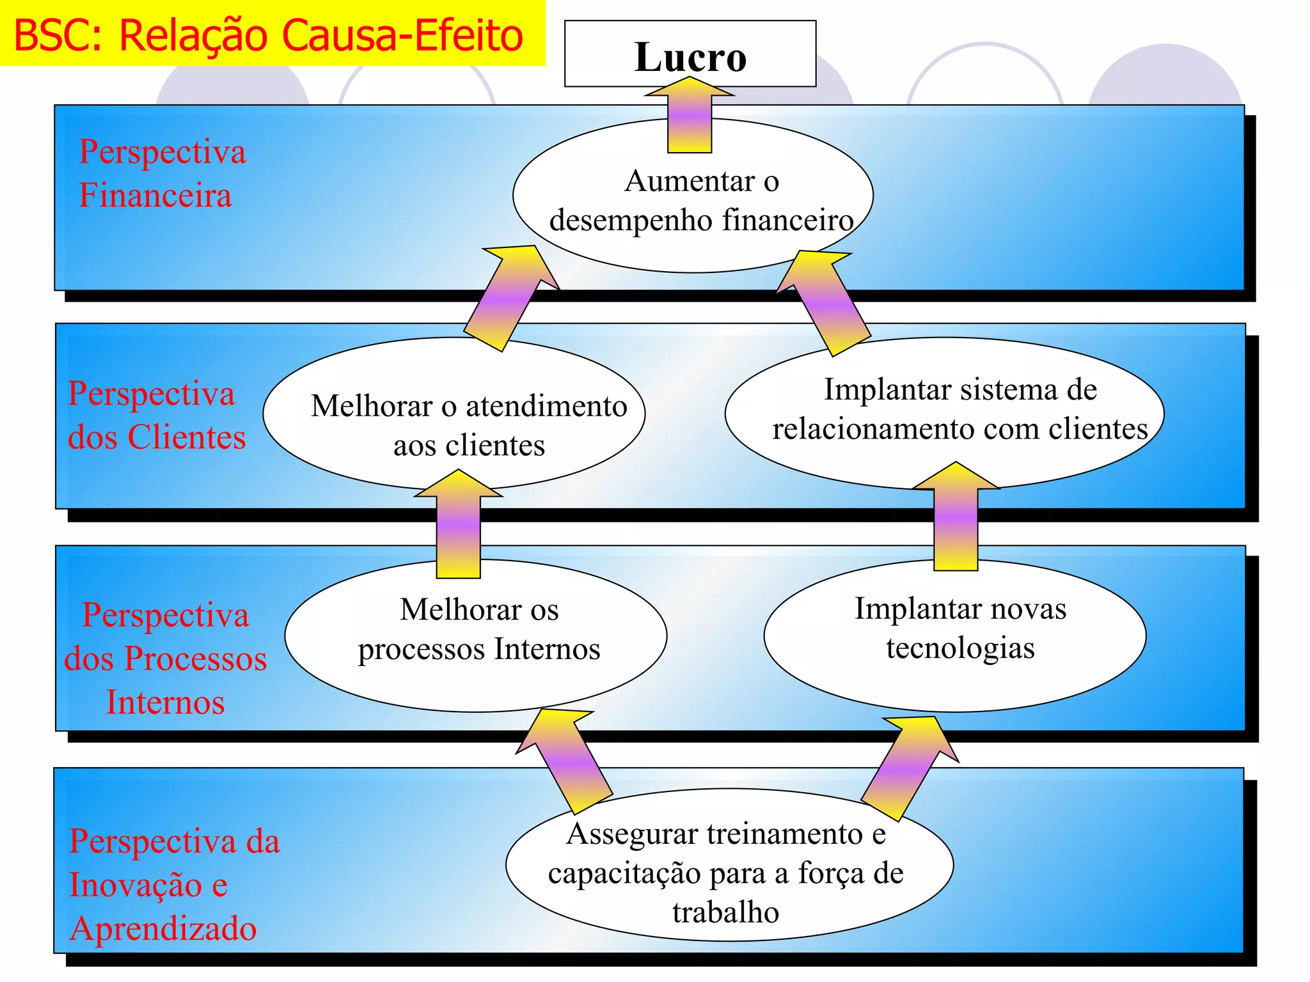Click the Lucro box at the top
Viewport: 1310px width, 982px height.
point(690,54)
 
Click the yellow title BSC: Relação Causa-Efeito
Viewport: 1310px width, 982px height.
point(269,35)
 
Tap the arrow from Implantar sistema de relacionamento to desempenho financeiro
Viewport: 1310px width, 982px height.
point(825,302)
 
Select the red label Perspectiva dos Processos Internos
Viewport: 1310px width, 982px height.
point(165,659)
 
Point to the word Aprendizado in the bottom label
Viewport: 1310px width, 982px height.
point(163,928)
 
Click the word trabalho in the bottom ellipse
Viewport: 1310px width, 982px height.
point(725,912)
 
